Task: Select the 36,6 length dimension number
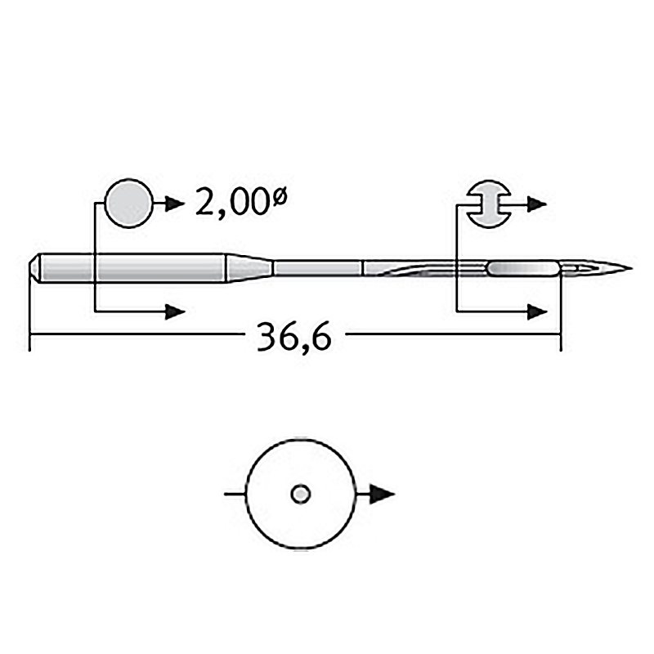coord(294,336)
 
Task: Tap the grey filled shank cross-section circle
coord(129,204)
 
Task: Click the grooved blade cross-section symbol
coord(488,204)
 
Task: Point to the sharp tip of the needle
coord(632,268)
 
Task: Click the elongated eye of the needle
coord(522,268)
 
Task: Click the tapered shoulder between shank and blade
coord(249,268)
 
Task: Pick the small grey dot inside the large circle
coord(300,495)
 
